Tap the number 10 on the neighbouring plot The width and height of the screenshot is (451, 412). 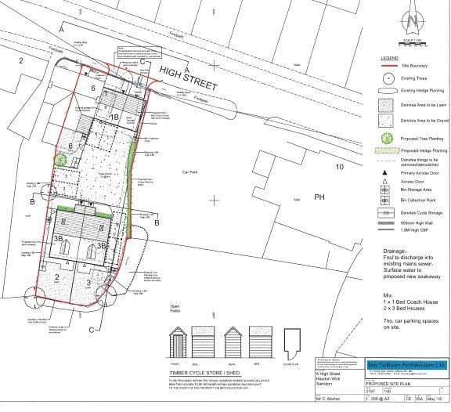point(339,167)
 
